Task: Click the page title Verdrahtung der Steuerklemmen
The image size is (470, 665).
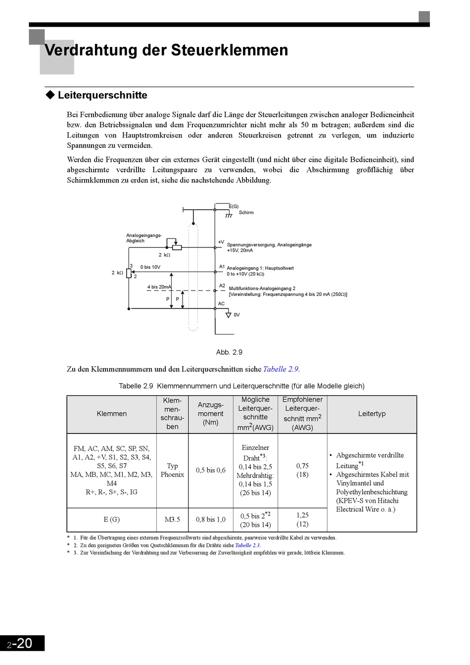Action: (166, 50)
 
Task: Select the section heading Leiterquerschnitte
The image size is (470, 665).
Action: (102, 95)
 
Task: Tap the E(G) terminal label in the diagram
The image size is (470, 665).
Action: (234, 206)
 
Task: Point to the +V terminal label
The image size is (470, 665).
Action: (221, 242)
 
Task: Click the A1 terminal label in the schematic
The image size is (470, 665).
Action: (222, 267)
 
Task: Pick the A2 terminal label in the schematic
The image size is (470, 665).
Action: (222, 285)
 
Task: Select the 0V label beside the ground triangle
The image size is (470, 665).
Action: (236, 315)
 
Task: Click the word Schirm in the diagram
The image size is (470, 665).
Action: (246, 213)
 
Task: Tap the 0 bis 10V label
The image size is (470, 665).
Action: (150, 267)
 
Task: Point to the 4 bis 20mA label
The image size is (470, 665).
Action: (159, 287)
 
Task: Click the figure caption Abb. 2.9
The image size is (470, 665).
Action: (229, 352)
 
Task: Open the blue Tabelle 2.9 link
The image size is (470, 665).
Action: (281, 369)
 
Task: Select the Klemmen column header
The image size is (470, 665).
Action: (112, 414)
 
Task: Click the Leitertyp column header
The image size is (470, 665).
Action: (372, 414)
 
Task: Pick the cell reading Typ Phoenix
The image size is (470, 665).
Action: (172, 470)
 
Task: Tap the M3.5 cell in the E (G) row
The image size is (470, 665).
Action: (172, 520)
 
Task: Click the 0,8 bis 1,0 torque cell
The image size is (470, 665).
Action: (210, 520)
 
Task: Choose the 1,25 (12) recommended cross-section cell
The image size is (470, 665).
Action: (302, 520)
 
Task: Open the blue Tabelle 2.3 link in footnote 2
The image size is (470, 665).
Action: (247, 545)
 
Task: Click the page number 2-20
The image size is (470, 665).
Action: (20, 643)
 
